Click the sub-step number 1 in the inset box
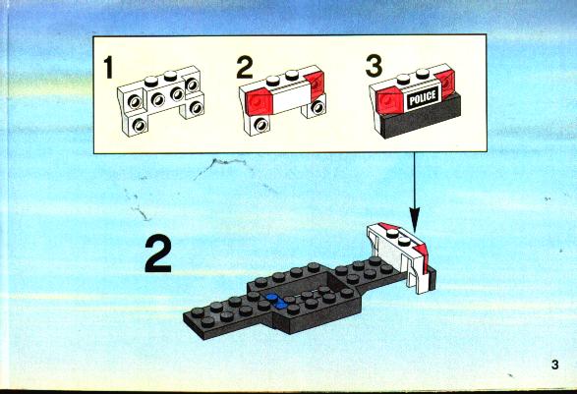click(108, 68)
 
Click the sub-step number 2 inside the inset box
click(245, 68)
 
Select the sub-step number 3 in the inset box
click(374, 66)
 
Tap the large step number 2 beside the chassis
click(158, 254)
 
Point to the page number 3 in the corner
click(554, 365)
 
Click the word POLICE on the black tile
click(423, 98)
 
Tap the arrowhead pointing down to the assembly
click(415, 220)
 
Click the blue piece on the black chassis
click(277, 300)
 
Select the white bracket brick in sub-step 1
click(161, 98)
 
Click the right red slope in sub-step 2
click(315, 84)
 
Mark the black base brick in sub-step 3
click(420, 118)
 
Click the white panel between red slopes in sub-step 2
click(290, 98)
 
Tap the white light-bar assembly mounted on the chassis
click(400, 255)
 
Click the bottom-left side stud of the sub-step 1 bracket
click(140, 125)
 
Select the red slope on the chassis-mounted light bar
click(420, 254)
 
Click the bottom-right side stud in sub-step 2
click(317, 107)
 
